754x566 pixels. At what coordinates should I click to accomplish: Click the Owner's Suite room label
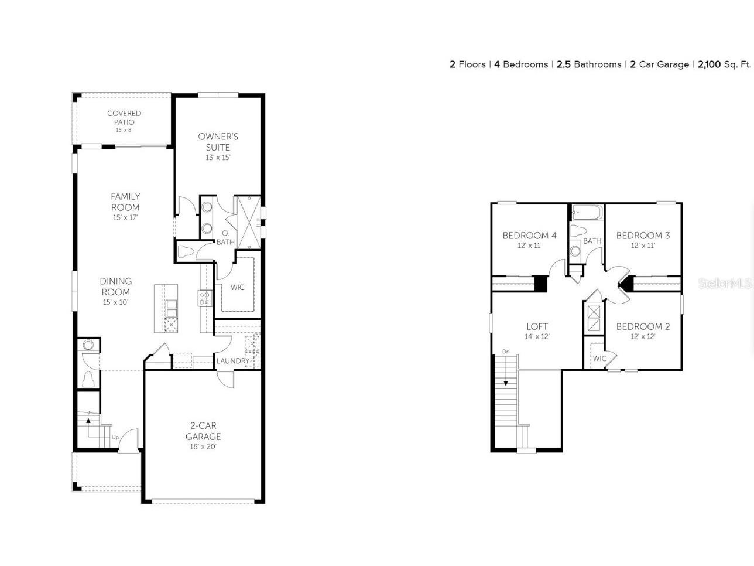pos(218,142)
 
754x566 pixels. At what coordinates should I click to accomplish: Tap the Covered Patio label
pos(124,117)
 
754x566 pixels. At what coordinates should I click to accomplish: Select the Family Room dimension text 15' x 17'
pos(125,217)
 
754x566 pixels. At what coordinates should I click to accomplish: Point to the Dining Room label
pos(115,287)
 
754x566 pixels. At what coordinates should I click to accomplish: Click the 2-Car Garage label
pos(203,431)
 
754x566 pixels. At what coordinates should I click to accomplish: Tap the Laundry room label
pos(233,361)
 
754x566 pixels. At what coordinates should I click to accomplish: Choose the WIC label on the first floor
pos(237,287)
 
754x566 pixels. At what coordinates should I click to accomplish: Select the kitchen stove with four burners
pos(205,298)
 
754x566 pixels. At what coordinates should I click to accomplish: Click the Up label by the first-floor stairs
pos(115,437)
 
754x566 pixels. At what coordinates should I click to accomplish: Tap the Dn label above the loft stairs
pos(505,352)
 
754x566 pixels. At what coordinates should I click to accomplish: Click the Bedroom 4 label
pos(529,236)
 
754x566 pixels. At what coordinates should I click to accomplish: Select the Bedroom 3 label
pos(643,236)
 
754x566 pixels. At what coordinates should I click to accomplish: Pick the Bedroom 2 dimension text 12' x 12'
pos(643,336)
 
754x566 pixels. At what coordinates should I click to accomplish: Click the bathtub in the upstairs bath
pos(586,213)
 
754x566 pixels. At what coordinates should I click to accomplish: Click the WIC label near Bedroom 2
pos(599,359)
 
